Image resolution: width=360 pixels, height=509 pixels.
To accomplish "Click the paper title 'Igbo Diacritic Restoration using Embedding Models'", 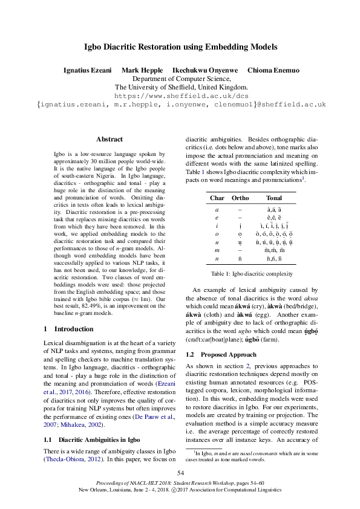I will click(x=180, y=46).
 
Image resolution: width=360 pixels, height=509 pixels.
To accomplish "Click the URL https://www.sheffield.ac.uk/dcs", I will click(x=180, y=96).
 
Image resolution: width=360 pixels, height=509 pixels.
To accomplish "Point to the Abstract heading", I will click(x=110, y=139).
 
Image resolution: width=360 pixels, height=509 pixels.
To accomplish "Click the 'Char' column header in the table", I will click(x=217, y=198).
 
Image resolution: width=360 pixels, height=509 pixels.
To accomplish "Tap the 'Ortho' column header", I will click(x=240, y=198).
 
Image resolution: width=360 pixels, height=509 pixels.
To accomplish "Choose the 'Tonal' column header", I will click(x=273, y=198).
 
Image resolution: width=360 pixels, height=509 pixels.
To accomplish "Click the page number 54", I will click(x=180, y=473).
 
